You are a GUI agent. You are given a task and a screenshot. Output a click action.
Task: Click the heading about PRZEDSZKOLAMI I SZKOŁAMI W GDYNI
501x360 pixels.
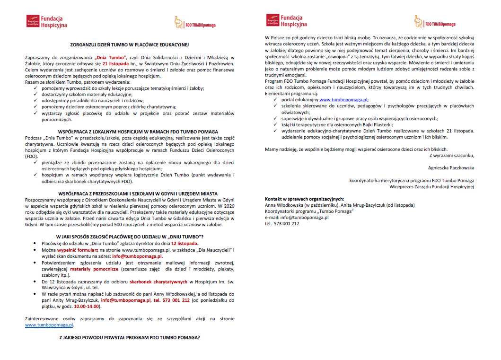pyautogui.click(x=130, y=193)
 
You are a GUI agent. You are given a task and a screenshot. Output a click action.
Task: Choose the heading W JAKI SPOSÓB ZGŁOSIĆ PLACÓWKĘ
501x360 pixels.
pyautogui.click(x=130, y=237)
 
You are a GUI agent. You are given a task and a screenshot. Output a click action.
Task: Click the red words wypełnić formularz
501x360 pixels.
pyautogui.click(x=78, y=249)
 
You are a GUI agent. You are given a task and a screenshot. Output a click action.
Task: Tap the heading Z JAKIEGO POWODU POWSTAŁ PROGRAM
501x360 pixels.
pyautogui.click(x=130, y=338)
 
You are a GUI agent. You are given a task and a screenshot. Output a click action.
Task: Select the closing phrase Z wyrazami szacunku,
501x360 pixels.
pyautogui.click(x=451, y=155)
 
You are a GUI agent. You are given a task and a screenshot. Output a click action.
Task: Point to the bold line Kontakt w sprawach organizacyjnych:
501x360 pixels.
pyautogui.click(x=304, y=199)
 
